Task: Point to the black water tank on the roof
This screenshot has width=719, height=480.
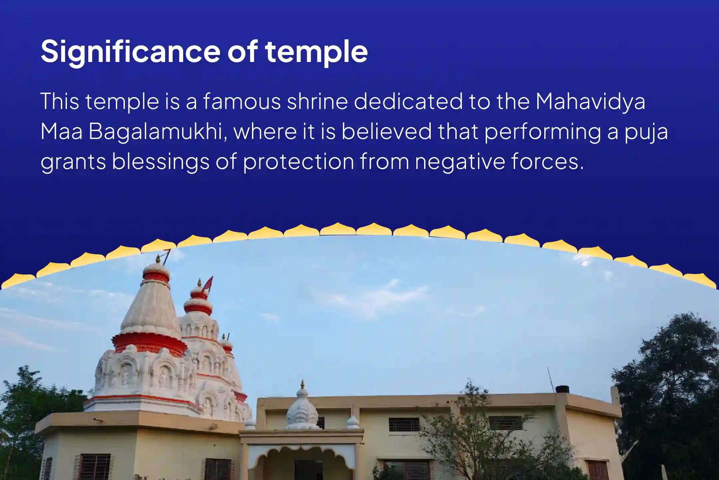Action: (562, 389)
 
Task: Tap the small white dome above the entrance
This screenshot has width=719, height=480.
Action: (302, 410)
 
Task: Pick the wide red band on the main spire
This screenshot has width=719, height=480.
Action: (149, 342)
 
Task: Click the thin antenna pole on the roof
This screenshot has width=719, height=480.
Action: (551, 380)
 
